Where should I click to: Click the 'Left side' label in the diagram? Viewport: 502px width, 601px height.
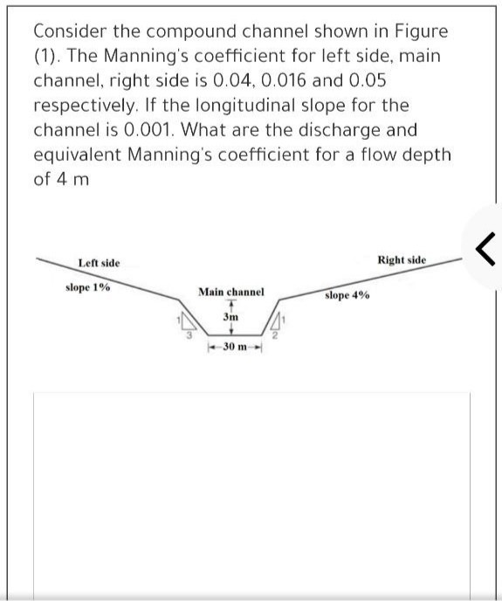(100, 263)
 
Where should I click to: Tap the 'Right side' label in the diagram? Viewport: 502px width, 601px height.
(402, 260)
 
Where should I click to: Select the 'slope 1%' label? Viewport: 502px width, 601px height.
(87, 287)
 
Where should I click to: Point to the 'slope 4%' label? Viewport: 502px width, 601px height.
(347, 295)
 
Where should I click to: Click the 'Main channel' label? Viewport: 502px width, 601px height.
(230, 292)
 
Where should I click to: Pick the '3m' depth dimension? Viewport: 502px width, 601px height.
(230, 317)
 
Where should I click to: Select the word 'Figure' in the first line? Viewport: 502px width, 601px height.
(420, 31)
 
